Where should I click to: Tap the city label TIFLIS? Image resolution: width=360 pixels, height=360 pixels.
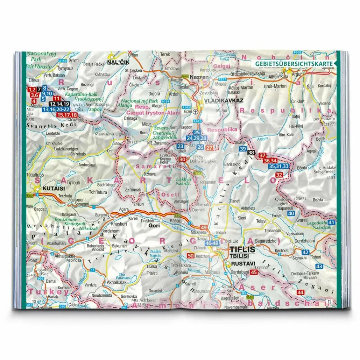click(x=243, y=250)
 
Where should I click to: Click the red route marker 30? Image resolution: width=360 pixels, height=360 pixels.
click(x=182, y=160)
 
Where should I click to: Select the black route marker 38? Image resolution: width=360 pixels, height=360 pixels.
click(x=251, y=153)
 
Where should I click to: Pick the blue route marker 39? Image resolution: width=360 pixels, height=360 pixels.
click(x=243, y=149)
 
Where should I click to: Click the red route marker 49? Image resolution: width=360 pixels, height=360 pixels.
click(x=204, y=227)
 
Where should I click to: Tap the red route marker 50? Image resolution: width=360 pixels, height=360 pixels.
click(x=191, y=256)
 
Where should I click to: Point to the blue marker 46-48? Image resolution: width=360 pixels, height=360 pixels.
click(x=212, y=243)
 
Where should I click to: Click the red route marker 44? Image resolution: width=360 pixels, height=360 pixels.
click(x=300, y=292)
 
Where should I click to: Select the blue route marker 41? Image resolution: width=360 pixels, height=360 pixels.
click(x=331, y=222)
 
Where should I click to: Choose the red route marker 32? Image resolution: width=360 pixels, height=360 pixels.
click(x=279, y=175)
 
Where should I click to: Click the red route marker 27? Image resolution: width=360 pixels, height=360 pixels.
click(x=209, y=148)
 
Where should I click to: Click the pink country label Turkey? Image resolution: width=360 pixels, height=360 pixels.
click(x=49, y=291)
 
